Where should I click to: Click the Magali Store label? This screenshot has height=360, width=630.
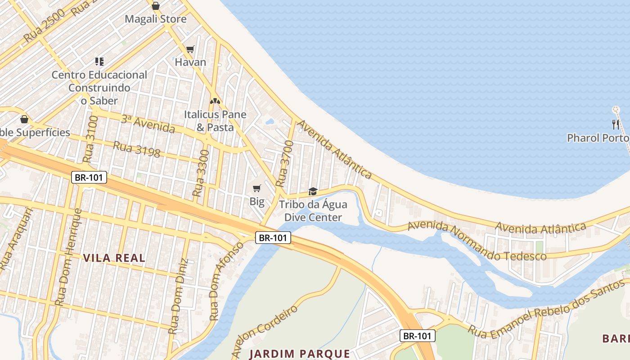click(x=155, y=19)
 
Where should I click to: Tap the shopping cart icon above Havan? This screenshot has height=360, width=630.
click(x=190, y=49)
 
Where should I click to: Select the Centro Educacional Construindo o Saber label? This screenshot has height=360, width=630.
click(x=99, y=88)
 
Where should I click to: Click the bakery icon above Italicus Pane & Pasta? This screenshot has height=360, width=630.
click(x=215, y=101)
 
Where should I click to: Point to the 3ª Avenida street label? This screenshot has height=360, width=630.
click(x=148, y=124)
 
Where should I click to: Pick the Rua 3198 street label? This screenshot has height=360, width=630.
click(x=136, y=149)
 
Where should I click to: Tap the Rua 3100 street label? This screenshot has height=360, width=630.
click(x=90, y=139)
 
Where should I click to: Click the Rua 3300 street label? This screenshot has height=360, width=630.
click(x=201, y=173)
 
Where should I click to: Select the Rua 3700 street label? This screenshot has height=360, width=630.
click(x=284, y=164)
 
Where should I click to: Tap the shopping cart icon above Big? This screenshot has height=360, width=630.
click(x=256, y=188)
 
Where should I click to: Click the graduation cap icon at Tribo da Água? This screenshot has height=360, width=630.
click(x=313, y=191)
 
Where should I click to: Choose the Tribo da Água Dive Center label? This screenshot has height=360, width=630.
click(x=313, y=211)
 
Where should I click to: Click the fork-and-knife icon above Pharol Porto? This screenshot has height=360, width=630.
click(x=616, y=125)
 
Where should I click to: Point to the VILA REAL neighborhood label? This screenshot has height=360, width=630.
click(x=114, y=258)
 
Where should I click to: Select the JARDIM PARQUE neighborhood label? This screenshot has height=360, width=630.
click(x=300, y=353)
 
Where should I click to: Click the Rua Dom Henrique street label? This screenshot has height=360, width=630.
click(x=69, y=257)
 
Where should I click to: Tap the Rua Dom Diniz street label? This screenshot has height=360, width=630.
click(x=177, y=297)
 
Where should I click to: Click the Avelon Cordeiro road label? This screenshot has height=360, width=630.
click(x=264, y=331)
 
